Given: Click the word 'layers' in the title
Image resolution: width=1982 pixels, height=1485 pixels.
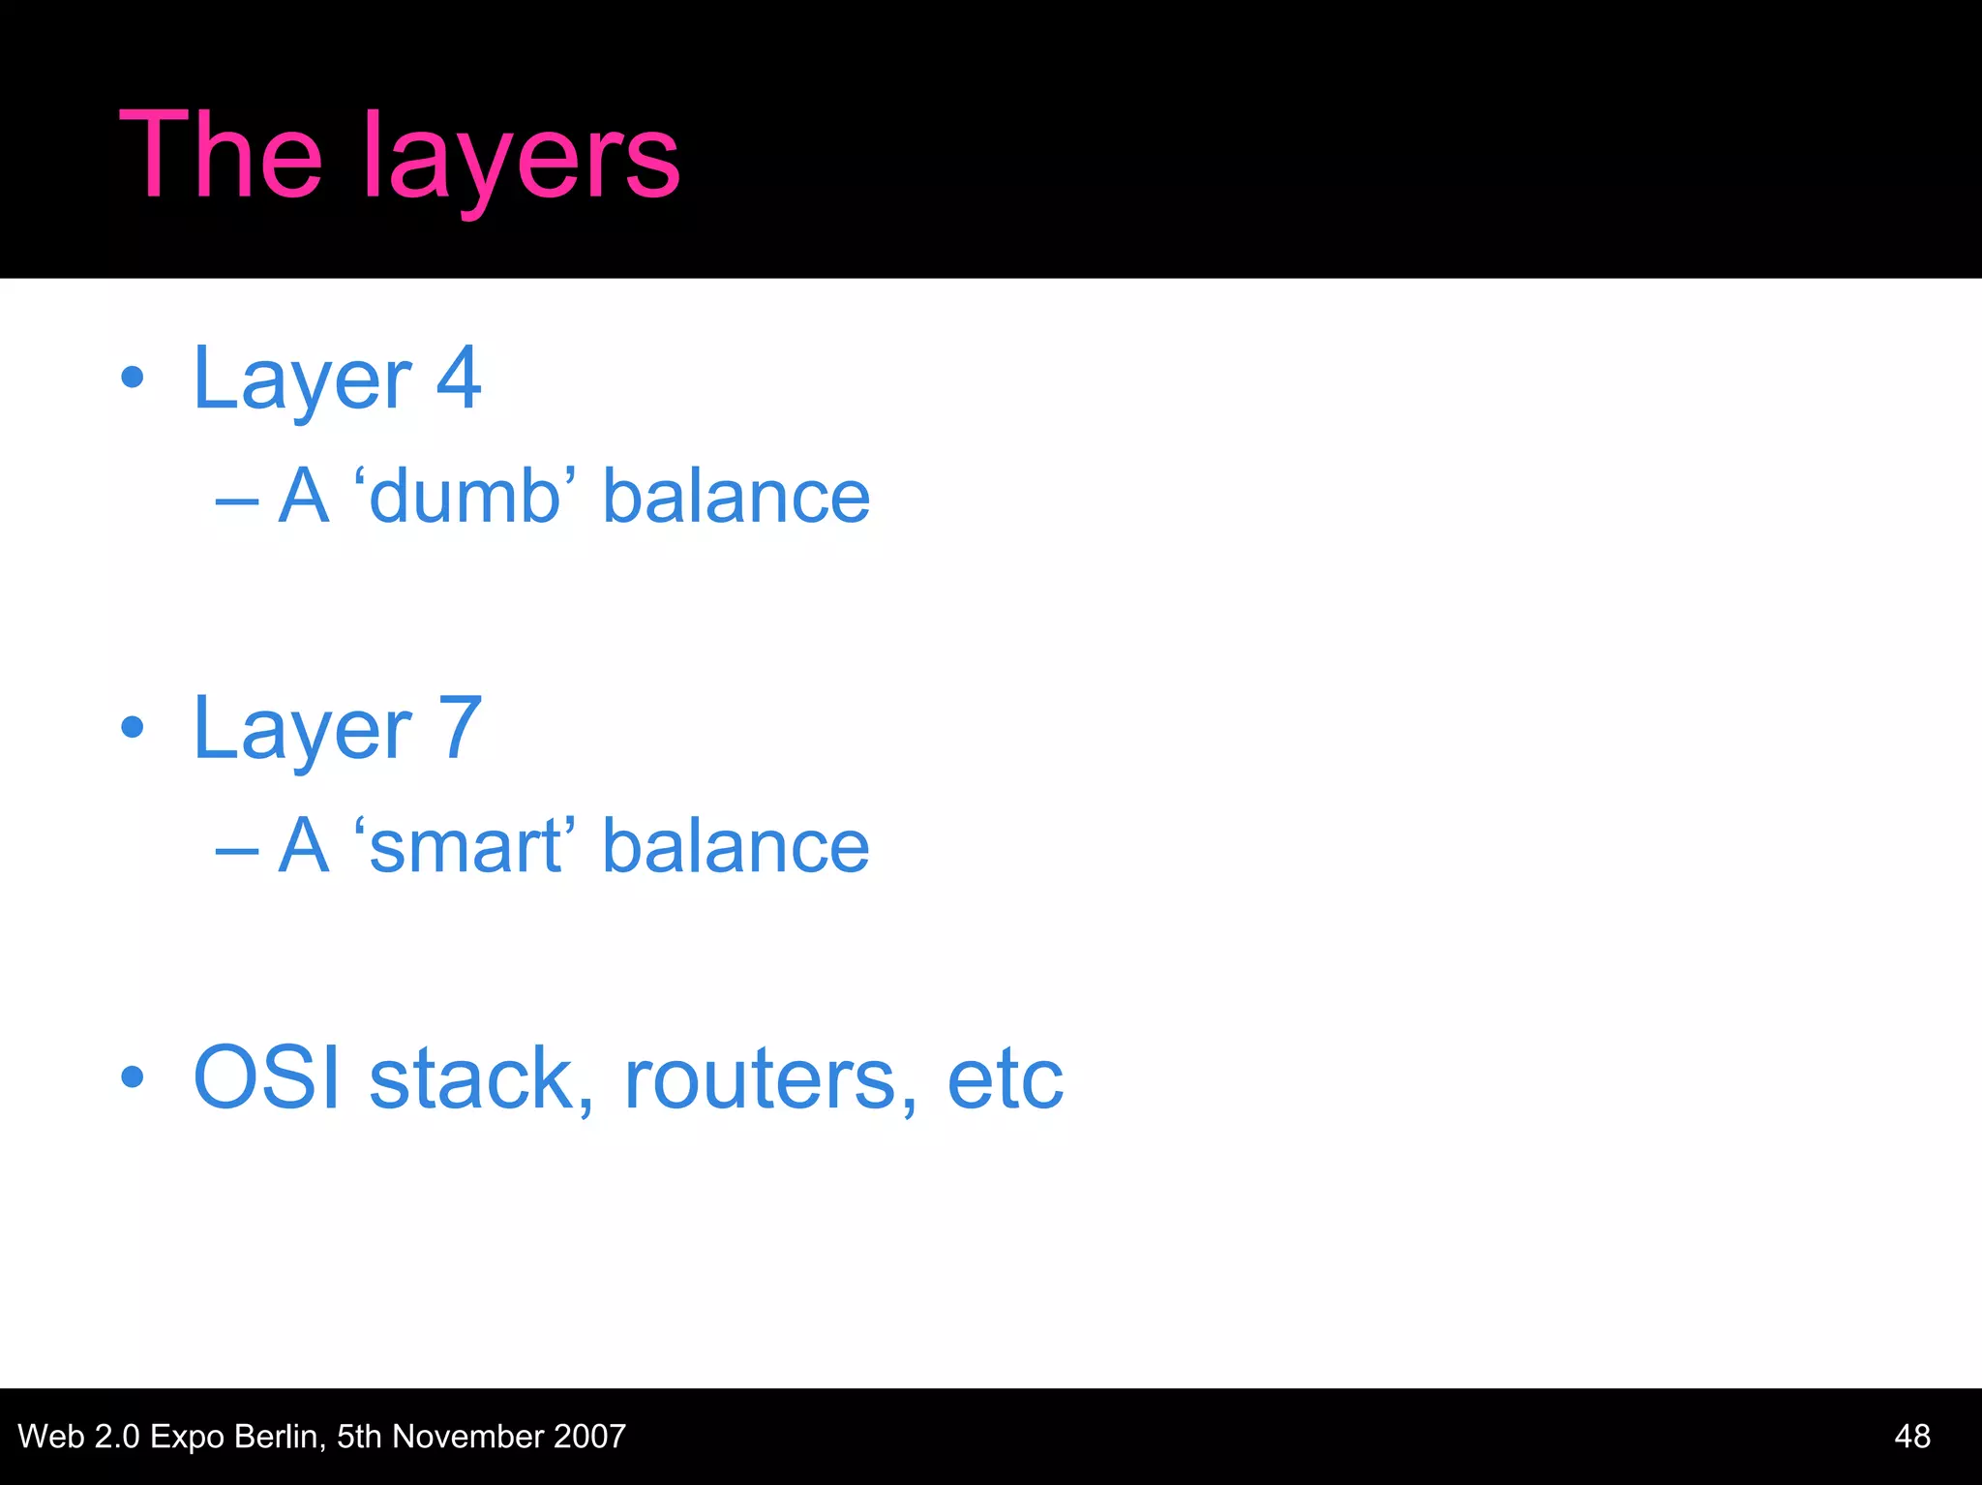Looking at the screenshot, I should coord(523,160).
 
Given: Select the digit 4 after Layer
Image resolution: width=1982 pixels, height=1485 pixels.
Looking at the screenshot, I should coord(459,379).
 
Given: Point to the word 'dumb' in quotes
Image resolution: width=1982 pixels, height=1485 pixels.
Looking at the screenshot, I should coord(465,497).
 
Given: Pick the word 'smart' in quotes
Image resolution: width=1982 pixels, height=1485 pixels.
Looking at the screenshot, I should coord(465,846).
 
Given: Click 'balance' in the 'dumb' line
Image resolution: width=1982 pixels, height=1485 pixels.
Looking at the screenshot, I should coord(736,497).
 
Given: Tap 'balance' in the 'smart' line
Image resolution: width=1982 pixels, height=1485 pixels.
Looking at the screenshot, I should coord(736,846).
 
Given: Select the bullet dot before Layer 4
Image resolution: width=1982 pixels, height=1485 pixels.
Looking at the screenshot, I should coord(133,379).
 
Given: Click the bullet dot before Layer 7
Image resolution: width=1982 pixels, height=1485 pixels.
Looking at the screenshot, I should coord(133,728).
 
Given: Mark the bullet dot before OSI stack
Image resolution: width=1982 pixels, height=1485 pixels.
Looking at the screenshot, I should coord(133,1076).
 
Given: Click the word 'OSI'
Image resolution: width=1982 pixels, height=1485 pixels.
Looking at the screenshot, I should coord(267,1077).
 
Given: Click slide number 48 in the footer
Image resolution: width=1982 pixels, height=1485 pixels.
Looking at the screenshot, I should coord(1912,1436).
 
